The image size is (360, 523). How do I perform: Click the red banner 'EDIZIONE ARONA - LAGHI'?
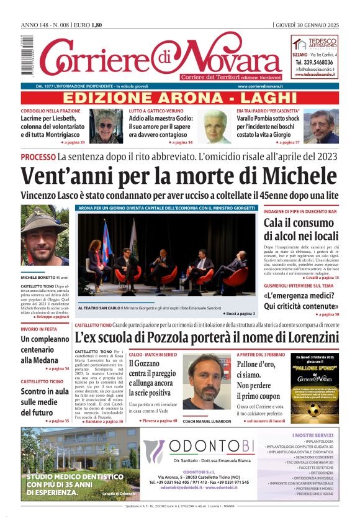[x=179, y=98]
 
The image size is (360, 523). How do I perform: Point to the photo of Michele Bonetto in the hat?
[x=44, y=236]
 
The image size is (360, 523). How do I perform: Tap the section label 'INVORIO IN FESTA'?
[x=40, y=329]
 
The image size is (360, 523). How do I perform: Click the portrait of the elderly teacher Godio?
[x=217, y=126]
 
